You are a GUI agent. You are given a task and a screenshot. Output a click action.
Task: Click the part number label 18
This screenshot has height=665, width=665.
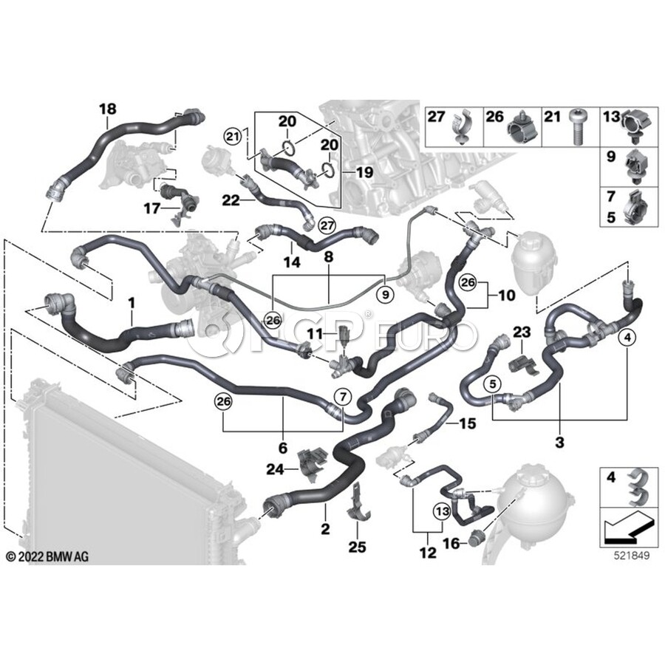108,109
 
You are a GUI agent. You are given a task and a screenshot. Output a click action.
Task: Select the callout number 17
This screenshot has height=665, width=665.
151,208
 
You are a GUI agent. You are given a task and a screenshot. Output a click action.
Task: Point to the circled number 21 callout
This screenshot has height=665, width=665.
233,137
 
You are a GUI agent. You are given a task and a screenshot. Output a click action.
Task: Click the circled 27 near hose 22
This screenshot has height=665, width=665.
327,225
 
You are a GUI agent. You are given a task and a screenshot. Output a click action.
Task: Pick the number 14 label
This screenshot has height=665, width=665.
292,262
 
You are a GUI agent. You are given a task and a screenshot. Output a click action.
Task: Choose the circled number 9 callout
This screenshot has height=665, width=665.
385,294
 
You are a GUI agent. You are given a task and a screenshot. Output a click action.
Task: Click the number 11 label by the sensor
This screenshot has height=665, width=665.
315,334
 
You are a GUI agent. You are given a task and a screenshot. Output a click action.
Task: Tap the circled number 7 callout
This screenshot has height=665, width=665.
343,398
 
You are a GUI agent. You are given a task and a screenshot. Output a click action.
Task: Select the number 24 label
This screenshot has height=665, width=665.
275,469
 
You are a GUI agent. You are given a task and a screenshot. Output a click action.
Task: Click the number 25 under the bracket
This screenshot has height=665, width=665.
357,547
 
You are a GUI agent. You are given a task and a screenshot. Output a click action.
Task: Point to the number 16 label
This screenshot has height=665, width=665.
451,542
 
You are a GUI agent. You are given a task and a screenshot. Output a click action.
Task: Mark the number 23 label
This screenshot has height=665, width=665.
522,332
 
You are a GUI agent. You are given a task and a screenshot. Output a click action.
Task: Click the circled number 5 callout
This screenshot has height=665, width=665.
492,384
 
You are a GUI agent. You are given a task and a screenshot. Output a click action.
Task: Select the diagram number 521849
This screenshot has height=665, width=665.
632,556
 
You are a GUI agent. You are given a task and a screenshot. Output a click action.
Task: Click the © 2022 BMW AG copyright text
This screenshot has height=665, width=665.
47,556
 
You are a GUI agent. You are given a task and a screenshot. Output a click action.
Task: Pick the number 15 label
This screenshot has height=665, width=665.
467,423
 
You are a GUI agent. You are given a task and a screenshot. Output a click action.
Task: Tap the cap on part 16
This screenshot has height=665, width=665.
475,539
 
